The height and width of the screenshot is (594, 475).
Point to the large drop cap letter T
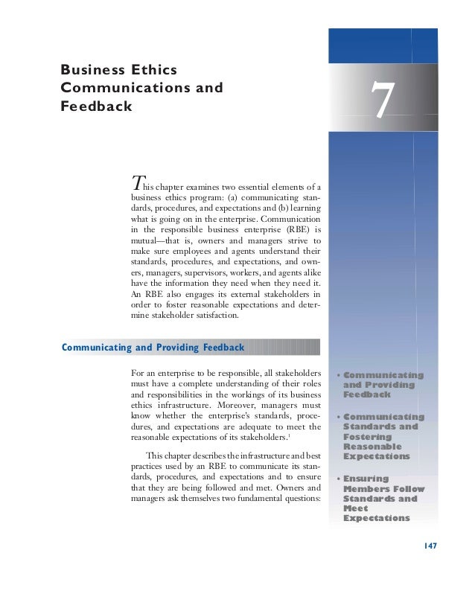tap(136, 182)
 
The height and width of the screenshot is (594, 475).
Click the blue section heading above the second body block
tap(153, 348)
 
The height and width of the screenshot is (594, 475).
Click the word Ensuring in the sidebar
tap(366, 479)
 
